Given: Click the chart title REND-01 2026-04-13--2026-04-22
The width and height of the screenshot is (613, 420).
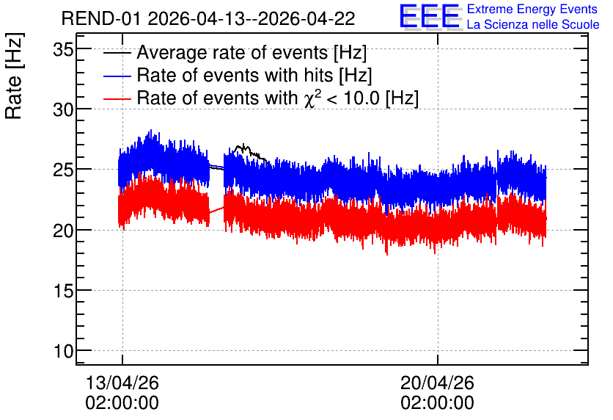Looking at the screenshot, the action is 208,18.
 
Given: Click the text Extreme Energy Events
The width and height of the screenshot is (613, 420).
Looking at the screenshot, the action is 532,9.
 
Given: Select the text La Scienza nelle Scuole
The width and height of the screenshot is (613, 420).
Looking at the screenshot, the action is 533,25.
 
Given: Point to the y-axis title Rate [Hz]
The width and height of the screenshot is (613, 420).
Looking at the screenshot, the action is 15,76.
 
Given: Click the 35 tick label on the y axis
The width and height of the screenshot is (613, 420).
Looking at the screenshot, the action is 63,49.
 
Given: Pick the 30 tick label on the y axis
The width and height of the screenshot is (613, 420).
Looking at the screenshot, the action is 63,110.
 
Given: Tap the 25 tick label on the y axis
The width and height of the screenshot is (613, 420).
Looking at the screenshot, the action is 63,170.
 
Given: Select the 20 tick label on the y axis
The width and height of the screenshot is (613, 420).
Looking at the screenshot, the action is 63,231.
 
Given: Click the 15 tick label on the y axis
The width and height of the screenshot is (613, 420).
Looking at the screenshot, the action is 63,291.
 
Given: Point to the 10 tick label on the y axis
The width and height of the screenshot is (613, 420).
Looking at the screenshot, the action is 63,351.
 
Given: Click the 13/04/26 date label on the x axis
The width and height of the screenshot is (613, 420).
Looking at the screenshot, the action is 122,383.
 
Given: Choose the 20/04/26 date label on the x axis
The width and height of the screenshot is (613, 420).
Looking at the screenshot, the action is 437,383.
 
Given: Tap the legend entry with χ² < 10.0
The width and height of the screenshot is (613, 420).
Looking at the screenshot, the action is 278,98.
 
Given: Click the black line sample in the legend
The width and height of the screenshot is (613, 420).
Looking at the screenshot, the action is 117,53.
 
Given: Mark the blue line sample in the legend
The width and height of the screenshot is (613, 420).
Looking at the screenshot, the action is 117,76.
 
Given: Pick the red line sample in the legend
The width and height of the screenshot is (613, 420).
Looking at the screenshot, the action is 117,98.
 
